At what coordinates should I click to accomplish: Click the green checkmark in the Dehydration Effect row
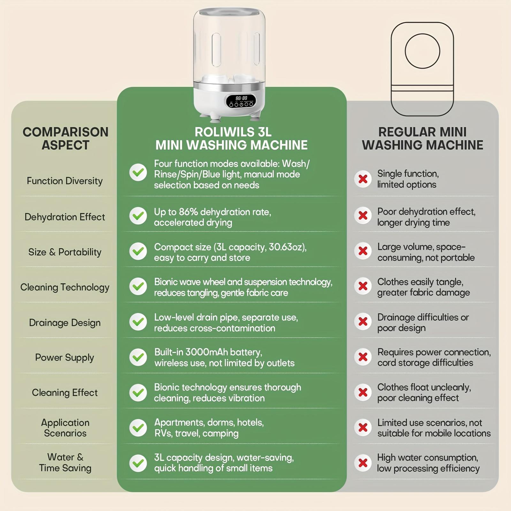pos(138,216)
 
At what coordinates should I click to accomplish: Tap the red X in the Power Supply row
pos(363,357)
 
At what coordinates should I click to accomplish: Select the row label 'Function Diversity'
pos(65,181)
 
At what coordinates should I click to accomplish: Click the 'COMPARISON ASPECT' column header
pos(65,138)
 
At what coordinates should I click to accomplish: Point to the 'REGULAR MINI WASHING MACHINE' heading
pos(423,138)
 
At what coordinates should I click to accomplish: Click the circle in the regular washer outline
pos(422,51)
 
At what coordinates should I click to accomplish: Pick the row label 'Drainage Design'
pos(65,323)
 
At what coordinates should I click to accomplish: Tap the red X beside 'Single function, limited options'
pos(363,179)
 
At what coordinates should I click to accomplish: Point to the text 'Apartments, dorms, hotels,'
pos(209,423)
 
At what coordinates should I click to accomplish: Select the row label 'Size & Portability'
pos(65,252)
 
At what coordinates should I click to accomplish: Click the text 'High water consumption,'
pos(428,457)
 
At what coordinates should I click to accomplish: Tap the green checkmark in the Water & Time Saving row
pos(138,463)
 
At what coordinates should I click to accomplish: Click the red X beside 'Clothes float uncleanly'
pos(363,392)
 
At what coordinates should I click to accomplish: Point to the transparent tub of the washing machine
pos(229,45)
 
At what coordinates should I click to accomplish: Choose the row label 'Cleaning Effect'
pos(65,393)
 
